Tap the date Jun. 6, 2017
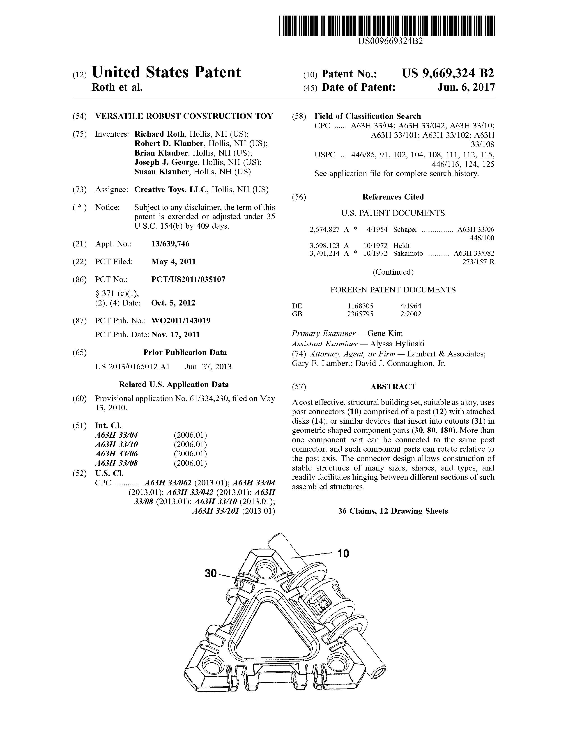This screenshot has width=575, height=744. (466, 87)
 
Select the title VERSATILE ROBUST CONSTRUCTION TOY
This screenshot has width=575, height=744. (184, 116)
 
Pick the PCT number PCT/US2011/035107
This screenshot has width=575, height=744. (188, 280)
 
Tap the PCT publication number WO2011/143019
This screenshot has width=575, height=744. (181, 321)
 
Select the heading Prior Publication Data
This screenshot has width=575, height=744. (185, 353)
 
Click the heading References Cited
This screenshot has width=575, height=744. (393, 197)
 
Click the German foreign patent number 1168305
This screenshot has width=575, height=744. (360, 306)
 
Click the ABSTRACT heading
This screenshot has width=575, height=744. (393, 387)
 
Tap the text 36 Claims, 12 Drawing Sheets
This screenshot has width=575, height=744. (393, 511)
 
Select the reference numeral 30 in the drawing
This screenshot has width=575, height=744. (211, 573)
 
